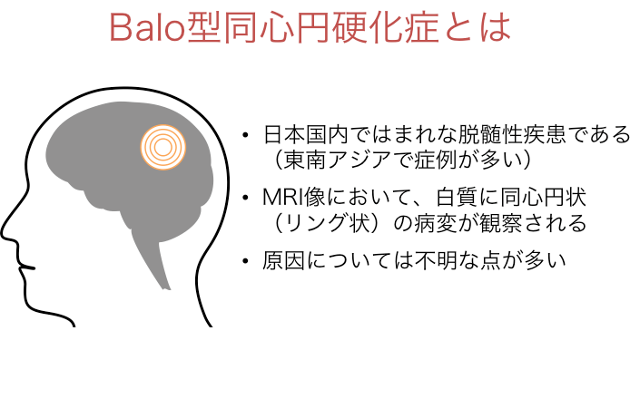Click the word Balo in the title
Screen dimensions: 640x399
pyautogui.click(x=148, y=28)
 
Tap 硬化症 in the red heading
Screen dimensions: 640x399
pyautogui.click(x=385, y=27)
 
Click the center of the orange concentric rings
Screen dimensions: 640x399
pyautogui.click(x=163, y=148)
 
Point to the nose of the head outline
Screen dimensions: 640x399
pyautogui.click(x=5, y=232)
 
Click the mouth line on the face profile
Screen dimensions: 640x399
pyautogui.click(x=27, y=268)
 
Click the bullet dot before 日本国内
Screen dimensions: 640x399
pyautogui.click(x=245, y=135)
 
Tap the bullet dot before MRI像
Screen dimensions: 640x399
pyautogui.click(x=245, y=198)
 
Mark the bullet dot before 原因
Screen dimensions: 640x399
pyautogui.click(x=245, y=261)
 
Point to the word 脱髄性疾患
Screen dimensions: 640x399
pyautogui.click(x=512, y=135)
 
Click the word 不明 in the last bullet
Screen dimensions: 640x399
pyautogui.click(x=436, y=261)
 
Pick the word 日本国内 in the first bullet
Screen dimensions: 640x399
pyautogui.click(x=305, y=135)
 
